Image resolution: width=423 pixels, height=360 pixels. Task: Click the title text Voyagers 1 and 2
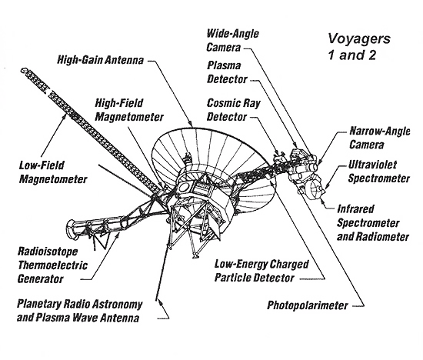pos(359,47)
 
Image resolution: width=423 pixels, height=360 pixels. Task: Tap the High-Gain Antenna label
pos(100,60)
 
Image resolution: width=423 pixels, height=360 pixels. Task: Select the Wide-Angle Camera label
pos(232,41)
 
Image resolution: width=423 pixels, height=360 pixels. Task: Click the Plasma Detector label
pos(227,72)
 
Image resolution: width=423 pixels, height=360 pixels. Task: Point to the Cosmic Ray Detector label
pos(233,110)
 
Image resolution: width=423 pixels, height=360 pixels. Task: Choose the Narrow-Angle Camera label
pos(380,138)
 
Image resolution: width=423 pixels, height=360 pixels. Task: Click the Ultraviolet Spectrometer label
pos(378,172)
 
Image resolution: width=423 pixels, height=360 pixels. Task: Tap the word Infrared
pos(356,209)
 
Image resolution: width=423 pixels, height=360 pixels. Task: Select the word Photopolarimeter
pos(308,305)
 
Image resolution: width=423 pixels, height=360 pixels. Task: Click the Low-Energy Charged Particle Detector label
pos(261,271)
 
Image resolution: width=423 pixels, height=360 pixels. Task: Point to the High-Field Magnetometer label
pos(129,110)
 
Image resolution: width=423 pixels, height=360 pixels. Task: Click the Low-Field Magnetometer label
pos(53,172)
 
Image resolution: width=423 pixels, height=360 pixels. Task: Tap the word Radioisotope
pos(48,252)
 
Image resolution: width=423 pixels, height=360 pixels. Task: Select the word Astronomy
pos(117,304)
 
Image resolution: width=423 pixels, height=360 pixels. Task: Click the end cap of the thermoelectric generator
pos(71,229)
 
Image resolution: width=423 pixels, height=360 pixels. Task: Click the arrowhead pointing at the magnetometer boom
pos(65,117)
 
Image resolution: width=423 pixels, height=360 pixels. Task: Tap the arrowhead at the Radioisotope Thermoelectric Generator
pos(118,235)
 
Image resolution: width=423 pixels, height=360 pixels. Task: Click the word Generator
pos(41,278)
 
